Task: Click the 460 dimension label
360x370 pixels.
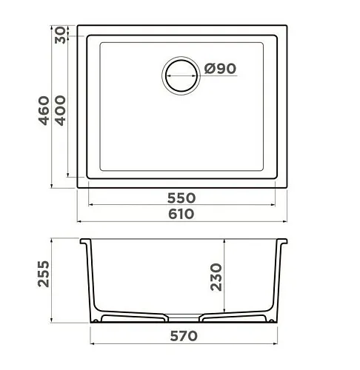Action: pyautogui.click(x=44, y=110)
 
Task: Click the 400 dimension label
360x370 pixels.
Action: pyautogui.click(x=60, y=110)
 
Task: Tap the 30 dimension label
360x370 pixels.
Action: pyautogui.click(x=61, y=35)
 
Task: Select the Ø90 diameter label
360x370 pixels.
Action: pyautogui.click(x=220, y=68)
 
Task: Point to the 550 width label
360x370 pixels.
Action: pyautogui.click(x=181, y=198)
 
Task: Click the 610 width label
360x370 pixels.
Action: pyautogui.click(x=181, y=214)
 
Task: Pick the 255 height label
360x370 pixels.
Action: pyautogui.click(x=44, y=274)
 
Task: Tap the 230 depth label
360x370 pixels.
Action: pyautogui.click(x=216, y=277)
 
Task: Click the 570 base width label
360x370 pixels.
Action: pyautogui.click(x=184, y=336)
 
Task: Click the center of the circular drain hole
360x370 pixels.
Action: pyautogui.click(x=181, y=75)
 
